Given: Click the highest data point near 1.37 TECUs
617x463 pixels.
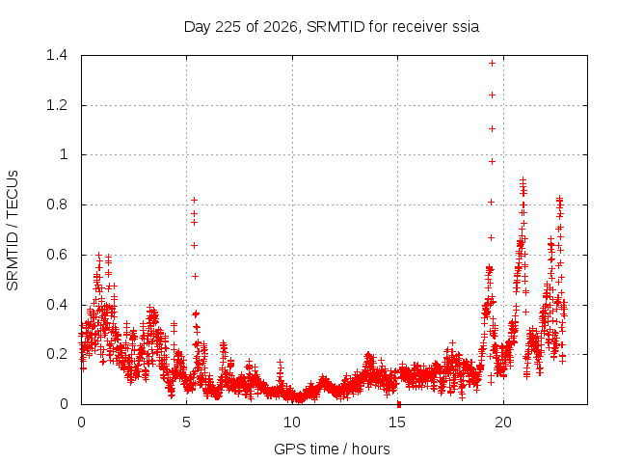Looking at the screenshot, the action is tap(492, 63).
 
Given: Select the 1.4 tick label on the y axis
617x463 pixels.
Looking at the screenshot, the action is tap(57, 55).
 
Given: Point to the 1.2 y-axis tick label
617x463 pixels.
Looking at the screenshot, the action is tap(57, 105).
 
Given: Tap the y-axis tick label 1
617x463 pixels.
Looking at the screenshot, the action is tap(64, 154).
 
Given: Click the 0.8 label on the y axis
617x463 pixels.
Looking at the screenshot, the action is tap(57, 204).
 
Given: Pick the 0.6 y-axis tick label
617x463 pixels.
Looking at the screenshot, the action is tap(57, 255).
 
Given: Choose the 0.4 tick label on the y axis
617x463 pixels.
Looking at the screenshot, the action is tap(57, 305).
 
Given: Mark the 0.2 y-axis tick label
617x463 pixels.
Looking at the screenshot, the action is tap(57, 354).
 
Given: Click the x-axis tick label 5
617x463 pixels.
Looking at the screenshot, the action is tap(186, 422).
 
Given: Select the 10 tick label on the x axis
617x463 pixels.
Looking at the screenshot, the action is tap(292, 422).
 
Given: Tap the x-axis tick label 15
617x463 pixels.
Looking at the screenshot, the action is tap(397, 422).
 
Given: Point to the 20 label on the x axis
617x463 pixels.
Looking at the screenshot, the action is tap(503, 422).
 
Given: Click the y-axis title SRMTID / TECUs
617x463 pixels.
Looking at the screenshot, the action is tap(13, 231).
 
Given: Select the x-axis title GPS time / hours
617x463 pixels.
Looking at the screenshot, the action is tap(332, 449).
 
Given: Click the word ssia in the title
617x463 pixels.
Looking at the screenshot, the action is tap(466, 27).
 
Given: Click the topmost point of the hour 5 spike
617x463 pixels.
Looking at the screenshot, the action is tap(194, 201).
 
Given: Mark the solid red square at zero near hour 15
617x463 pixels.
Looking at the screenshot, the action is tap(399, 404).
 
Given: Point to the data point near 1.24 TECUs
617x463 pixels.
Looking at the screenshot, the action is tap(492, 95).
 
